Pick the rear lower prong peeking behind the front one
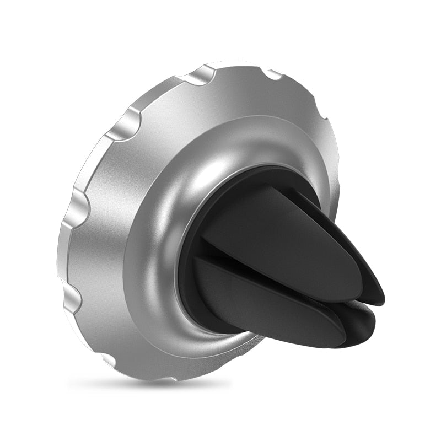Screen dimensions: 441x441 (x=364, y=322)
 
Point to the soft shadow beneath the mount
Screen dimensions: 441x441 (x=154, y=383)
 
